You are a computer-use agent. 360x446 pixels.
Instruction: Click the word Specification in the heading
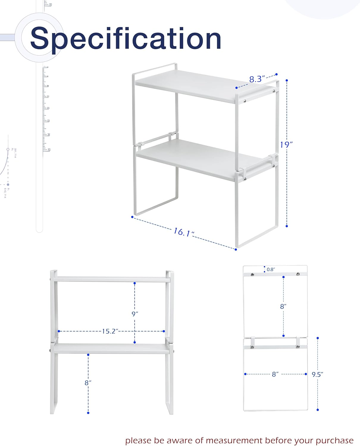pyautogui.click(x=126, y=39)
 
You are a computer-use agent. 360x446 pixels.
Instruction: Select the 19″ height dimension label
pyautogui.click(x=286, y=145)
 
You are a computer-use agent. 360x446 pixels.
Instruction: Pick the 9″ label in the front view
pyautogui.click(x=135, y=314)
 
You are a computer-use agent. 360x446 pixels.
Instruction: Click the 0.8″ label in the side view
pyautogui.click(x=271, y=270)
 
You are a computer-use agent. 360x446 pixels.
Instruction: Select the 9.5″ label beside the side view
pyautogui.click(x=317, y=375)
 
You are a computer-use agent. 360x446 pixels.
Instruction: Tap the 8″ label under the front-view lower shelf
pyautogui.click(x=88, y=383)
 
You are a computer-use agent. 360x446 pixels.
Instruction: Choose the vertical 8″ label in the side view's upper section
pyautogui.click(x=283, y=307)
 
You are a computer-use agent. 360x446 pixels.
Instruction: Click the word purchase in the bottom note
pyautogui.click(x=335, y=440)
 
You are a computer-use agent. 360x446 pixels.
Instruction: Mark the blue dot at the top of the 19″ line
pyautogui.click(x=287, y=80)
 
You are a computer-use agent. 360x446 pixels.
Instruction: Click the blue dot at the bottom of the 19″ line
pyautogui.click(x=287, y=226)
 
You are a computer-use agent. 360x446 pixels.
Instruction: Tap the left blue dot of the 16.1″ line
pyautogui.click(x=132, y=217)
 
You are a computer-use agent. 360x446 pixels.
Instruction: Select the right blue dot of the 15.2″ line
pyautogui.click(x=164, y=331)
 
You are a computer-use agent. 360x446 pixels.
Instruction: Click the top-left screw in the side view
pyautogui.click(x=253, y=274)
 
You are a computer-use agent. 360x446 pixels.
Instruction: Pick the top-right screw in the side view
pyautogui.click(x=298, y=274)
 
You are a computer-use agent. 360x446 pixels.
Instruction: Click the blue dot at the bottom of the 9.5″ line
pyautogui.click(x=318, y=410)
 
